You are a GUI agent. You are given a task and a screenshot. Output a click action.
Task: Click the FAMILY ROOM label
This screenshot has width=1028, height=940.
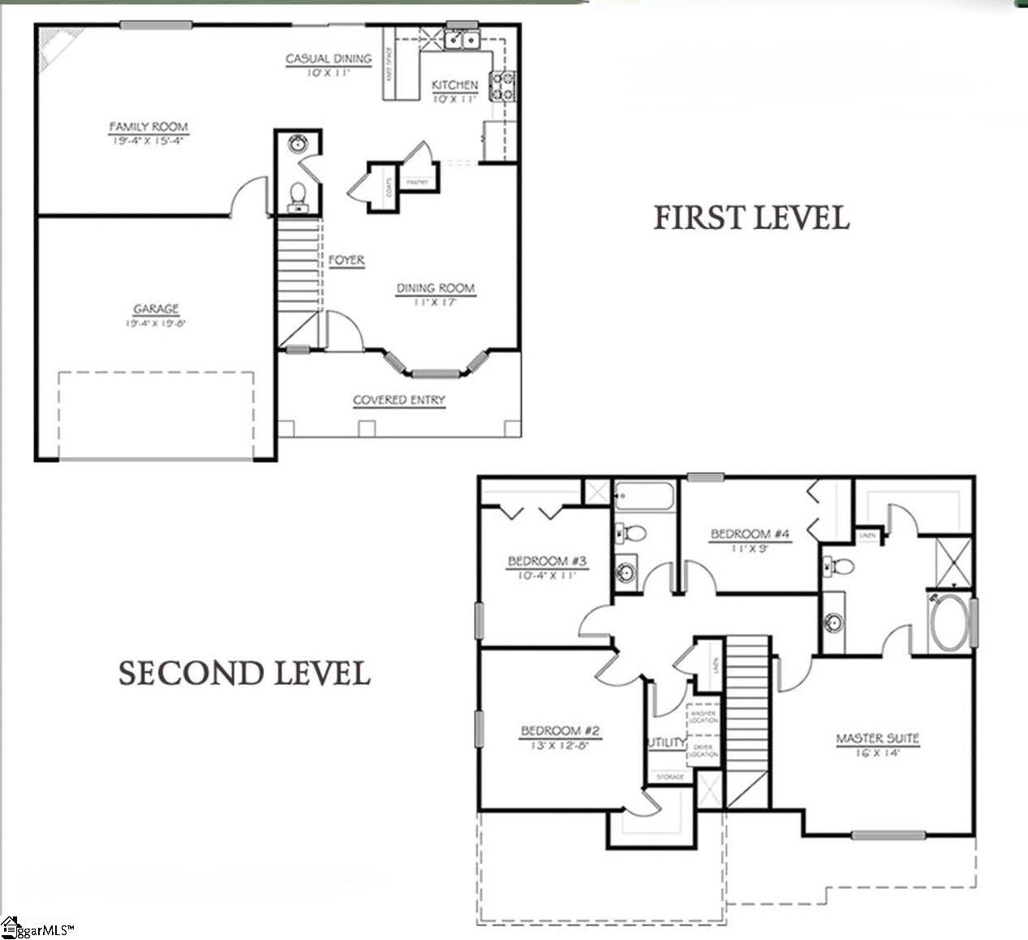click(x=148, y=127)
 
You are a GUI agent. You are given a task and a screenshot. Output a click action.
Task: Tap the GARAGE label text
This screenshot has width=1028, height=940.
click(x=156, y=309)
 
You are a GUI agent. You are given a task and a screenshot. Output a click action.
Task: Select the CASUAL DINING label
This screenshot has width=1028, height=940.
click(x=329, y=58)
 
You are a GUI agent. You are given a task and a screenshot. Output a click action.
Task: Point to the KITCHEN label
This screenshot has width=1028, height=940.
click(x=454, y=85)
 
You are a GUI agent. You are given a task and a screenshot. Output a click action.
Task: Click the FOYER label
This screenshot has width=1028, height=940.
click(x=346, y=261)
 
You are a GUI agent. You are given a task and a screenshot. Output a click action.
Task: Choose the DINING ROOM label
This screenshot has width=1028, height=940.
click(x=435, y=288)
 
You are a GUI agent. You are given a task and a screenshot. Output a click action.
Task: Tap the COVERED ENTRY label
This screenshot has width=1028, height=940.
click(x=399, y=400)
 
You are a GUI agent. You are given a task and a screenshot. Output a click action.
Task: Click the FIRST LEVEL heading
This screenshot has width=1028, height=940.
click(x=751, y=218)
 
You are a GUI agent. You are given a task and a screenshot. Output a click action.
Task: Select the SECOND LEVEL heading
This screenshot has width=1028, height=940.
click(x=244, y=673)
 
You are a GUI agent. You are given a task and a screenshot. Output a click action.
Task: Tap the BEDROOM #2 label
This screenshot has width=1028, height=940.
click(x=560, y=731)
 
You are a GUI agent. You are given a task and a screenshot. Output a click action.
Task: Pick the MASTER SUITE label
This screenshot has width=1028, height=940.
click(x=878, y=739)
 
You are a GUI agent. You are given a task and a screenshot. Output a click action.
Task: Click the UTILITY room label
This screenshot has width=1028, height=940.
click(x=666, y=743)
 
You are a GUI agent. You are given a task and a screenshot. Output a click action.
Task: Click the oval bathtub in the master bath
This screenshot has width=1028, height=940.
click(x=949, y=623)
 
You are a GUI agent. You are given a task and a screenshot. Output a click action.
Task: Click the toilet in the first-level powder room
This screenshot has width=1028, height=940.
click(x=298, y=195)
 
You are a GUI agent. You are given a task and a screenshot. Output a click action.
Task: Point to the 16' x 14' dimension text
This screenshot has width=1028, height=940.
click(x=878, y=752)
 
